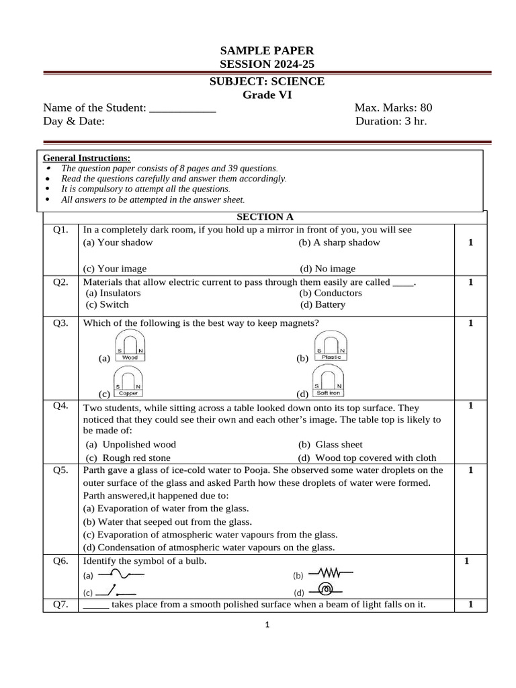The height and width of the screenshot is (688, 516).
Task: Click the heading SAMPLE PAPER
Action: coord(267,51)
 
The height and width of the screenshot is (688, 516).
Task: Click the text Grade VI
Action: coord(267,95)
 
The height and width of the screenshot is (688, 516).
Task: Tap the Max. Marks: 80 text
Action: coord(393,107)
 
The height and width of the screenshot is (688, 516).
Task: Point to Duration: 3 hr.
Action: coord(391,121)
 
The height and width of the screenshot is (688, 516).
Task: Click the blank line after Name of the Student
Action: coord(182,107)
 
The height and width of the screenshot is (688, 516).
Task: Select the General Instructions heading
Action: coord(87,158)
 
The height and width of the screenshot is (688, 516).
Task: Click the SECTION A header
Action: coord(265,216)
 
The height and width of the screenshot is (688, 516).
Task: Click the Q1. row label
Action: coord(60,230)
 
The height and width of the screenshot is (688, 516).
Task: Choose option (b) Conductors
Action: coord(331,293)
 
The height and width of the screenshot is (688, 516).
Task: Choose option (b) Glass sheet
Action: coord(330,444)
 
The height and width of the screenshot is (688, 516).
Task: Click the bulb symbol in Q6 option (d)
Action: coord(327,590)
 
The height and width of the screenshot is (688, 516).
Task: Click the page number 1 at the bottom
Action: coord(267,625)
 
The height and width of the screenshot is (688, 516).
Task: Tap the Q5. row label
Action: coord(60,470)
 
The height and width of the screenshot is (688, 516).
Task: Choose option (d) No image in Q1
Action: coord(328,268)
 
